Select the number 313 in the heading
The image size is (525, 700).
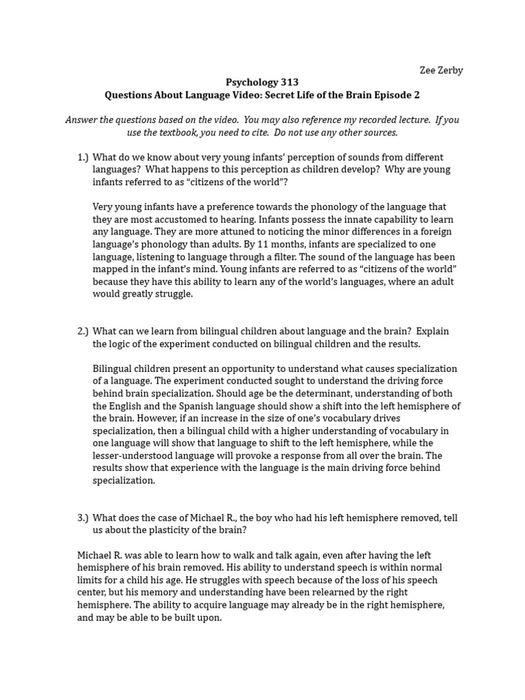click(286, 83)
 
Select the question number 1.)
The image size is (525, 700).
click(83, 157)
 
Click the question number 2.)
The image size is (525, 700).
click(83, 331)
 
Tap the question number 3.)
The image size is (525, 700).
click(83, 517)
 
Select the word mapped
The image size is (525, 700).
click(111, 269)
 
